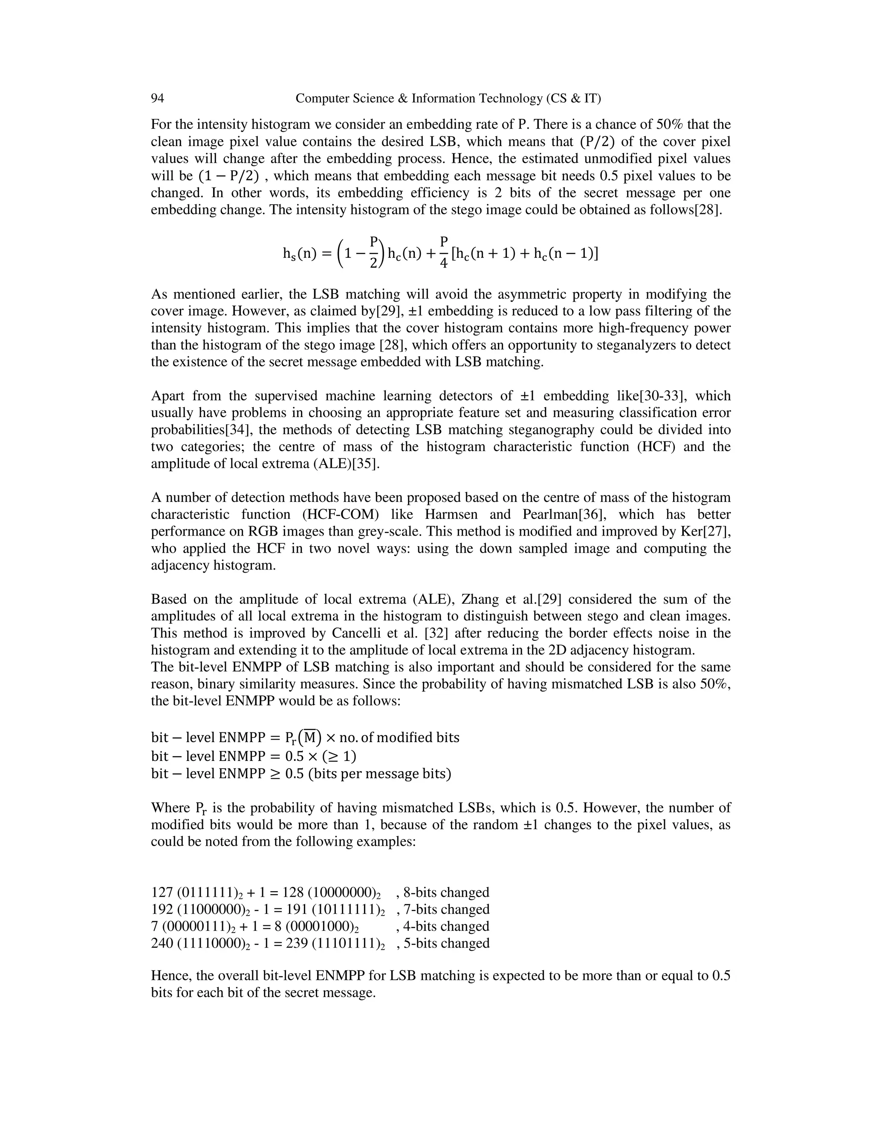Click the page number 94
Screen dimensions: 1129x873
tap(157, 98)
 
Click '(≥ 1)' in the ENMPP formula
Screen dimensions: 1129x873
tap(339, 756)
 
